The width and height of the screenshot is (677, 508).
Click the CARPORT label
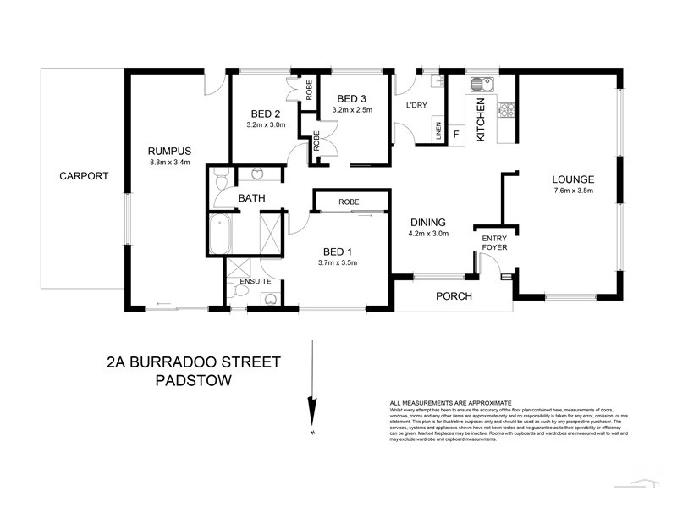click(84, 176)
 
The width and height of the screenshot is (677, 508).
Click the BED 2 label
click(266, 114)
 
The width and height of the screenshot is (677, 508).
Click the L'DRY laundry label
click(416, 106)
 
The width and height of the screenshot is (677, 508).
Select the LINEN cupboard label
click(438, 131)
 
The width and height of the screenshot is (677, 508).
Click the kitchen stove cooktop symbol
click(507, 109)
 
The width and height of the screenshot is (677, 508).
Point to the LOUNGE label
click(573, 179)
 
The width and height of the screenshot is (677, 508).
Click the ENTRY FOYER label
click(494, 243)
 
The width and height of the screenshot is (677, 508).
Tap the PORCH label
click(454, 296)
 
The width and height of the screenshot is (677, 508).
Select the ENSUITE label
click(256, 280)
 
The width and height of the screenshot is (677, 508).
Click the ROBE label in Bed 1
click(350, 202)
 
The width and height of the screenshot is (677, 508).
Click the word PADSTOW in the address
click(195, 380)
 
